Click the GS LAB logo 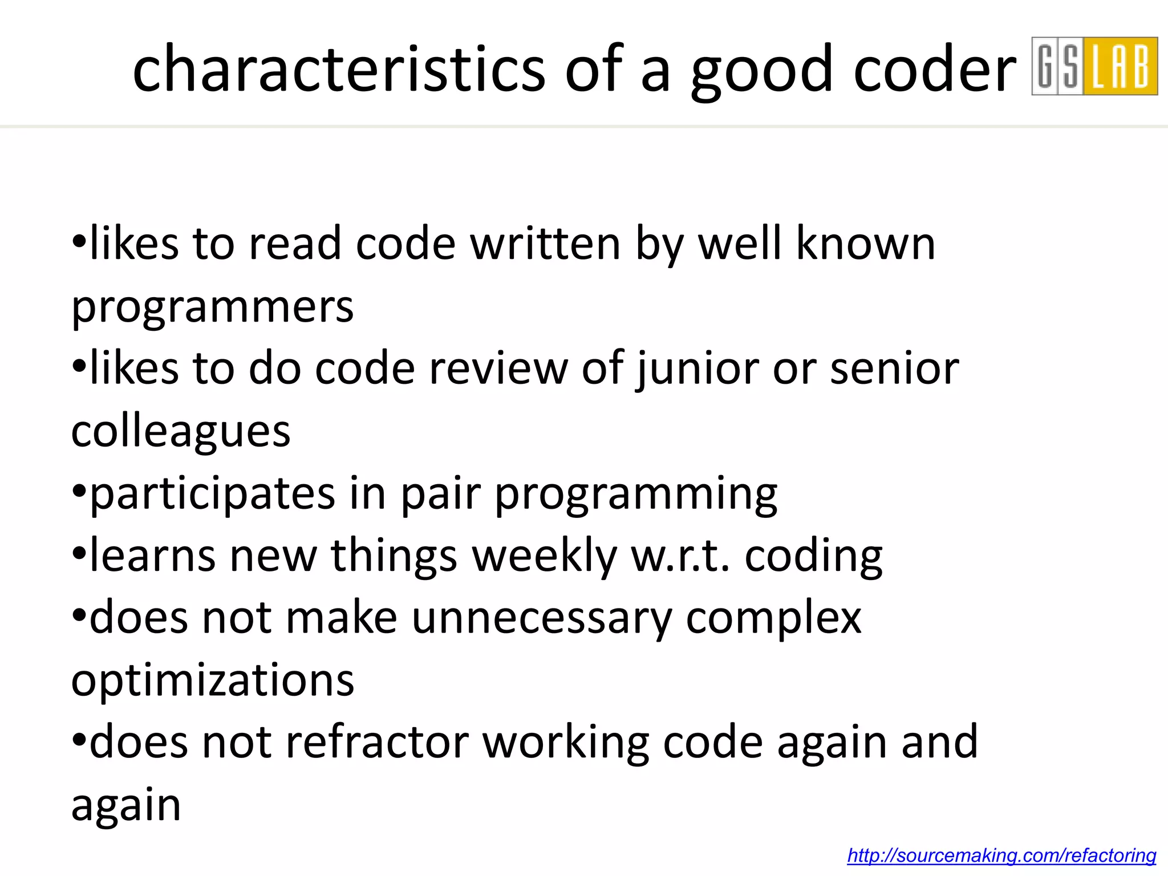tap(1094, 66)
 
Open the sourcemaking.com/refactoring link tap(1001, 855)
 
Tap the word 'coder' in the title tap(935, 70)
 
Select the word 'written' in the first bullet tap(545, 244)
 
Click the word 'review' tap(498, 369)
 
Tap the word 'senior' tap(894, 369)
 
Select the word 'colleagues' tap(181, 432)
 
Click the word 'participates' tap(212, 494)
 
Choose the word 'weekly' tap(545, 557)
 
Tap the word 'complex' tap(773, 619)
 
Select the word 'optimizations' tap(212, 680)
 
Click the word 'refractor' tap(377, 743)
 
